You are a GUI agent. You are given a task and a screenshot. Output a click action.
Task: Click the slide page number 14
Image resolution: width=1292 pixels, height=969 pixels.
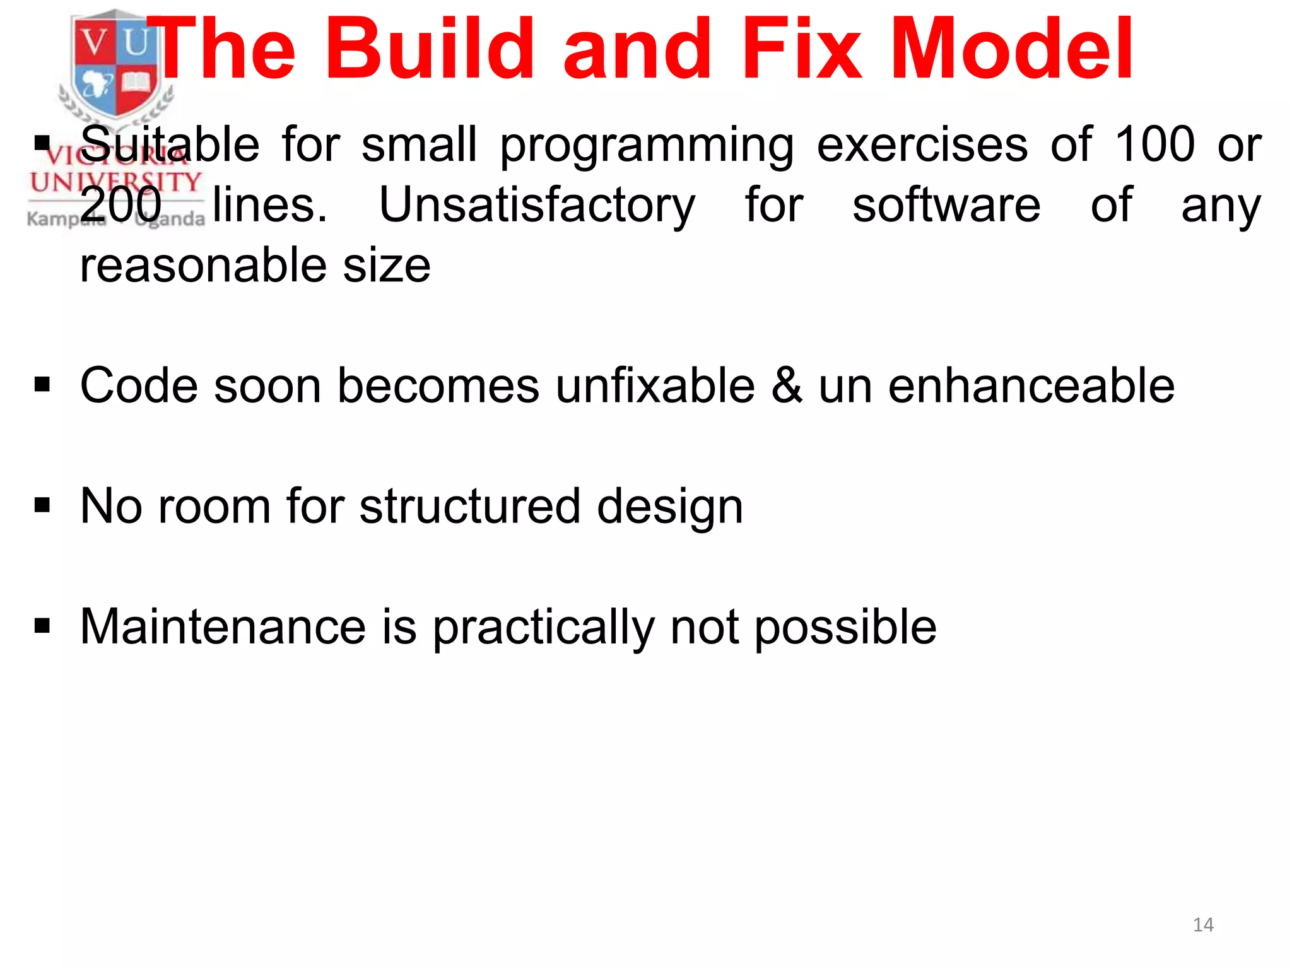[1203, 925]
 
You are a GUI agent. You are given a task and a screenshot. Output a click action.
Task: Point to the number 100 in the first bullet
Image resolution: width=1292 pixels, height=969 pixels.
[1154, 145]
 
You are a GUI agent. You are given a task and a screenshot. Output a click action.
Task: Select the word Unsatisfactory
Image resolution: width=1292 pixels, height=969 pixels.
[537, 205]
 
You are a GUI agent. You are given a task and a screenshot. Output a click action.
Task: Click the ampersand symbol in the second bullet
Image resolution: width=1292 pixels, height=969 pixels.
[786, 385]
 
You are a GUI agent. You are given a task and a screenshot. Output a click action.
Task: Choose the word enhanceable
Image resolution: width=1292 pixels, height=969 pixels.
[1031, 385]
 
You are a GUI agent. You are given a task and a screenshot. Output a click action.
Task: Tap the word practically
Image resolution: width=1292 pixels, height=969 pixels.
[543, 628]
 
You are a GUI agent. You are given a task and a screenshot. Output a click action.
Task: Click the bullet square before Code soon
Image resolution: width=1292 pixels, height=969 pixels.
[42, 384]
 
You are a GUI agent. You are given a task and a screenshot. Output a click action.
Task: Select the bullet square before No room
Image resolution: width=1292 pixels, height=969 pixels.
[42, 505]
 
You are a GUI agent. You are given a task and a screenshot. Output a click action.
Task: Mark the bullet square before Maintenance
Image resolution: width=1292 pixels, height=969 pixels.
[42, 625]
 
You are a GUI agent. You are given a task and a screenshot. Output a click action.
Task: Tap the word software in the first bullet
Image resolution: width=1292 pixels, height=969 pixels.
[946, 205]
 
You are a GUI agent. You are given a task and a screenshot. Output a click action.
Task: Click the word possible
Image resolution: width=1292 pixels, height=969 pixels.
[845, 628]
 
